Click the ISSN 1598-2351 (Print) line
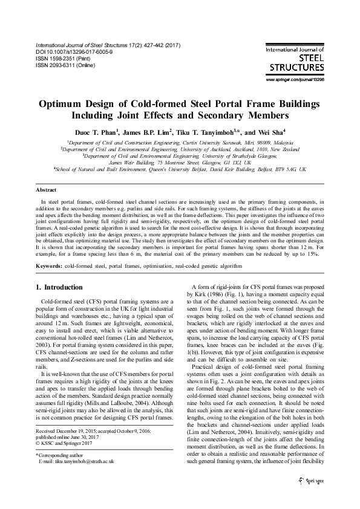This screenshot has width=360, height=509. [x=67, y=59]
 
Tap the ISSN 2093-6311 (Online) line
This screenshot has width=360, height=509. [x=68, y=65]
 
